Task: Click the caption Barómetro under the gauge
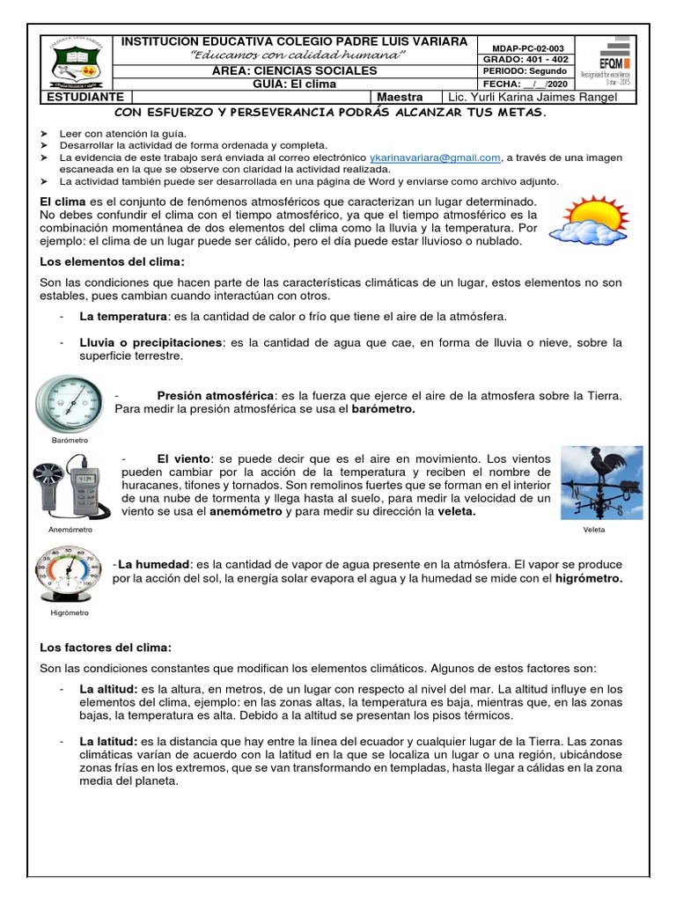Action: (70, 439)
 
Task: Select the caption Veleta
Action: (594, 531)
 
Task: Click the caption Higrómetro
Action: (70, 612)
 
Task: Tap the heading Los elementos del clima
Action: (113, 261)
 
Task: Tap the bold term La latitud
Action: (107, 743)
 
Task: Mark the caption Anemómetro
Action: (70, 531)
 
